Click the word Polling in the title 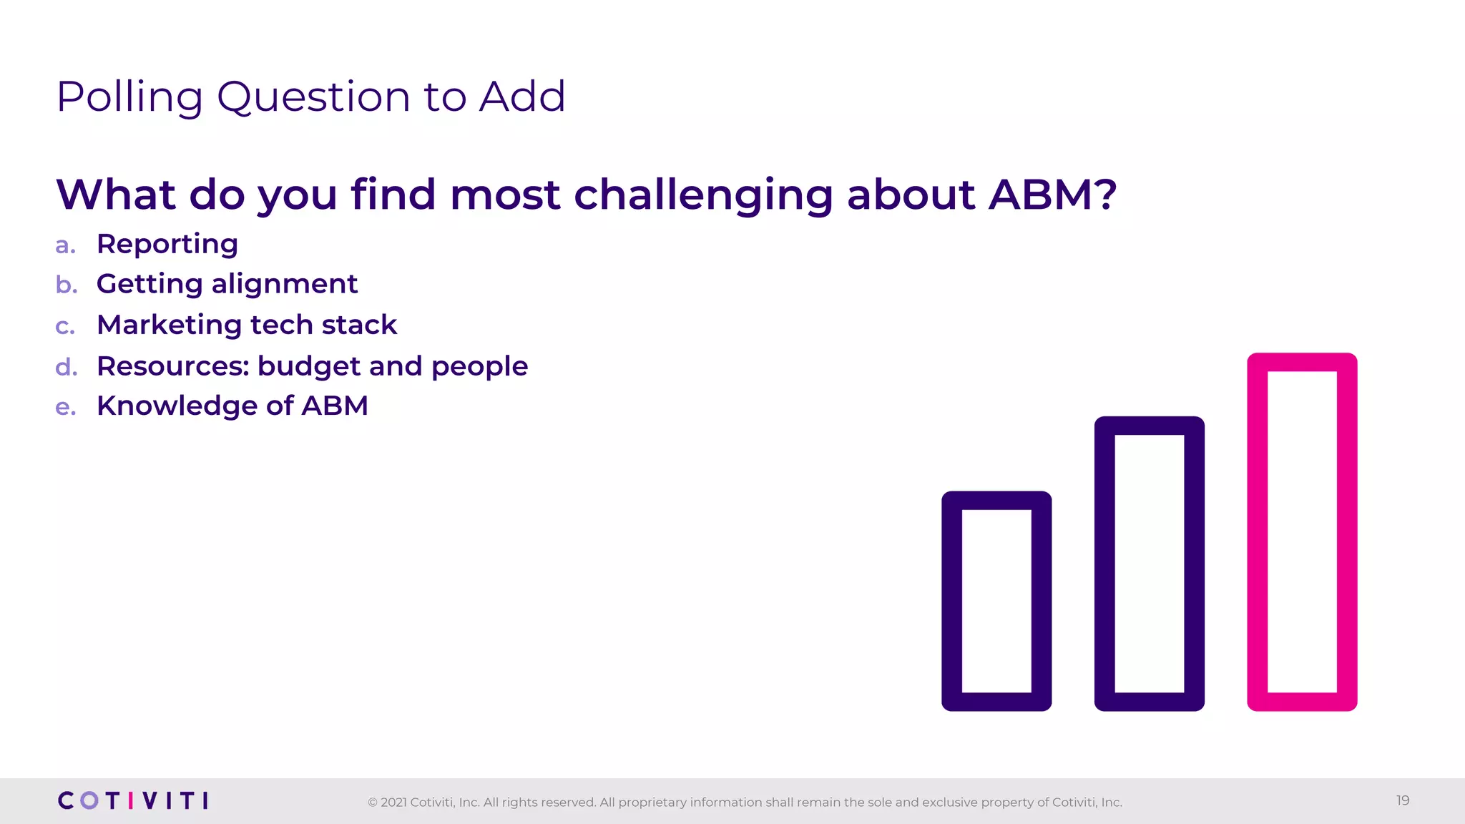click(129, 97)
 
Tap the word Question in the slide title click(313, 97)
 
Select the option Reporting click(167, 245)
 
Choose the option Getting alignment click(227, 284)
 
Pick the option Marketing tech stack click(247, 325)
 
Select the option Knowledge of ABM click(232, 406)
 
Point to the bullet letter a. click(65, 245)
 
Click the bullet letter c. click(65, 326)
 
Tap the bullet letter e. click(65, 407)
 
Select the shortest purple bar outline click(952, 601)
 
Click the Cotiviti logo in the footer click(133, 800)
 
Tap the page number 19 click(1402, 800)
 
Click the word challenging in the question click(703, 195)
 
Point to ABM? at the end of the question click(1052, 195)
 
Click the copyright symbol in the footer click(372, 803)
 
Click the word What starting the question click(116, 195)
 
